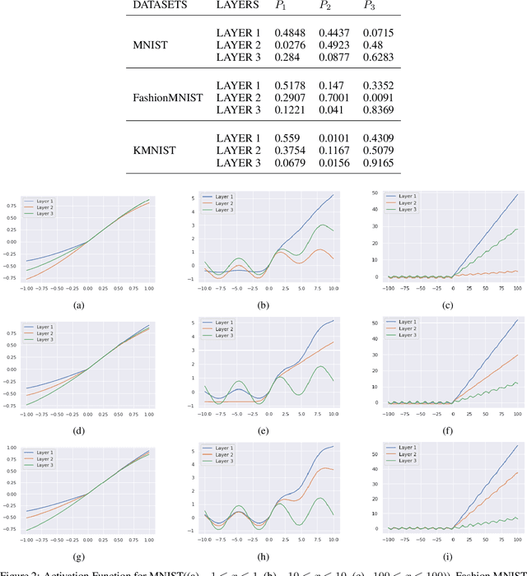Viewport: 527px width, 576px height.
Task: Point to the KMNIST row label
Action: (154, 151)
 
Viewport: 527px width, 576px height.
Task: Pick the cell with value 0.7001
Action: (335, 97)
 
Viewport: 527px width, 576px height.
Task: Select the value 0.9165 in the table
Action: (380, 163)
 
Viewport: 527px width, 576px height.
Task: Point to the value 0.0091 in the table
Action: (380, 97)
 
